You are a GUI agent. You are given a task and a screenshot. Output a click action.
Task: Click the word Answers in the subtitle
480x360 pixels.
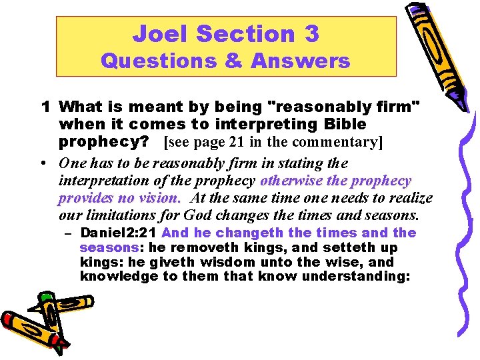301,61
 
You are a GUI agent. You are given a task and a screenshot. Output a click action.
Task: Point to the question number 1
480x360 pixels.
46,106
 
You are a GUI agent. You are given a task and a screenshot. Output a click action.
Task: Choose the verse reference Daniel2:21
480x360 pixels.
119,233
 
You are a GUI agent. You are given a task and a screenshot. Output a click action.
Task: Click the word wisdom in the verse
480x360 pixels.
209,262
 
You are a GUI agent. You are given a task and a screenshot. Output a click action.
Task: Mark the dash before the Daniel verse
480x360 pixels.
68,233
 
